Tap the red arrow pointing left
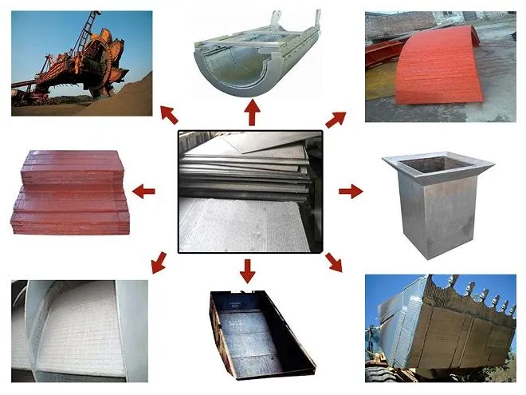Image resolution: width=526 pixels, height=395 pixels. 143,191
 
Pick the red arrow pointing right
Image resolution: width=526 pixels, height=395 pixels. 350,192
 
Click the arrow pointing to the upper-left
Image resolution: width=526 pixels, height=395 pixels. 169,114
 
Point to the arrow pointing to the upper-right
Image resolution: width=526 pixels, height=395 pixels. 336,120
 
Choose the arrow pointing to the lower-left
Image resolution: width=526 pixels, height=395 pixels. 159,261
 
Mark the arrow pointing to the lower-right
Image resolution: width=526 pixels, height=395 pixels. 333,263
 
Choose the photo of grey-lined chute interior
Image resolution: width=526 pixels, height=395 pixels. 80,327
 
